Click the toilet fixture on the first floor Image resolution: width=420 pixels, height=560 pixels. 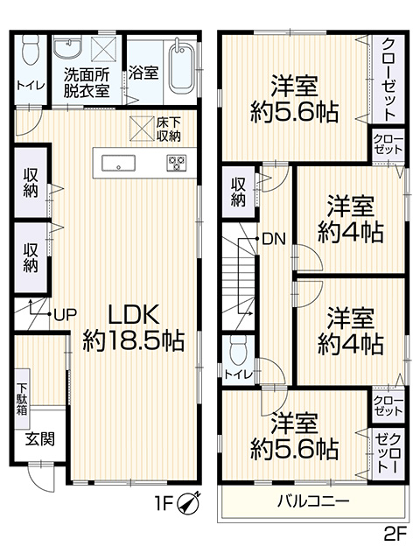(x=31, y=50)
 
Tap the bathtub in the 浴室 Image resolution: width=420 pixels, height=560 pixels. (x=181, y=68)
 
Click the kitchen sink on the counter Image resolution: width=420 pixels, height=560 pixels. (x=118, y=164)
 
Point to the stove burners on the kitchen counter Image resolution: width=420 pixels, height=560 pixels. (x=176, y=163)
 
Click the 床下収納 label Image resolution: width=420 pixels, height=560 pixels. (x=168, y=129)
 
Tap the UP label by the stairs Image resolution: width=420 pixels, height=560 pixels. (x=65, y=314)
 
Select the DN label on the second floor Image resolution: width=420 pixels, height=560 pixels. (x=274, y=239)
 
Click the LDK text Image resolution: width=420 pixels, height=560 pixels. (x=133, y=314)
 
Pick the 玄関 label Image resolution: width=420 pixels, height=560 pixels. (x=40, y=439)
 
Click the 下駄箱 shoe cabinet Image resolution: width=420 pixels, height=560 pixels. (x=22, y=399)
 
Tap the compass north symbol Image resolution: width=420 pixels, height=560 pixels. (x=189, y=504)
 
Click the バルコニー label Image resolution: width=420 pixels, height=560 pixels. (x=313, y=501)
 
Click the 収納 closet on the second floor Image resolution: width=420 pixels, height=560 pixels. (x=238, y=192)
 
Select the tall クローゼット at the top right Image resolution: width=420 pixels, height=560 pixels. (x=388, y=79)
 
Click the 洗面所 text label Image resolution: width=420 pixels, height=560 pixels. (x=87, y=75)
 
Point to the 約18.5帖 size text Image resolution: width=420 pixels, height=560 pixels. (x=134, y=341)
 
